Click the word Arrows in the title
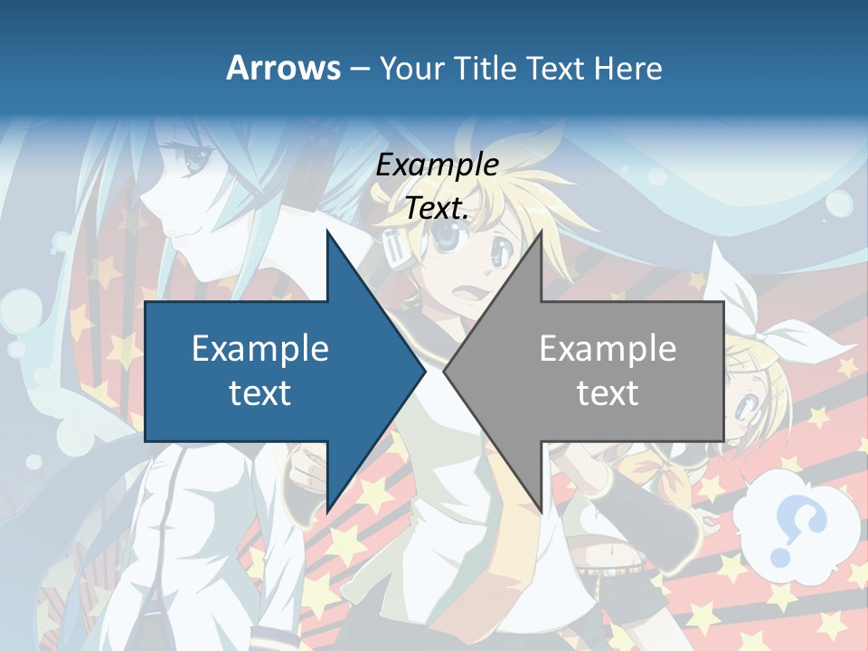coord(284,68)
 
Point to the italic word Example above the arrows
coord(437,165)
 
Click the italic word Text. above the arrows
coord(437,209)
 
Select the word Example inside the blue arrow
coord(260,348)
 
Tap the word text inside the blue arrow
coord(260,393)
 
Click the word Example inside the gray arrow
coord(608,348)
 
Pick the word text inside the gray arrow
coord(608,393)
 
